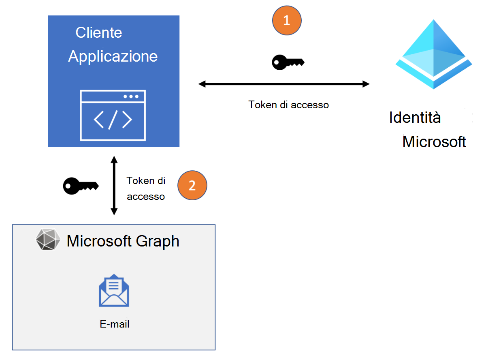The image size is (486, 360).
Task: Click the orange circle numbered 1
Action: coord(287,21)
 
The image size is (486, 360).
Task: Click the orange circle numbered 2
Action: coord(192,186)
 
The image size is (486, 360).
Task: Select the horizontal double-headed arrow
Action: coord(283,84)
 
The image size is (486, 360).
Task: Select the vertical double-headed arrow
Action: coord(114,186)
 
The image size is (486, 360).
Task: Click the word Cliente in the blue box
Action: coord(99,33)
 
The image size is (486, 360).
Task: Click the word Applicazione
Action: coord(113,56)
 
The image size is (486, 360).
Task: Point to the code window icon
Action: coord(113,115)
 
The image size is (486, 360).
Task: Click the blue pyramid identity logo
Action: coord(434,54)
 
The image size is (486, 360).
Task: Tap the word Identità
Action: coord(415,118)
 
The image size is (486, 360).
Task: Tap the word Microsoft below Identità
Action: coord(434,142)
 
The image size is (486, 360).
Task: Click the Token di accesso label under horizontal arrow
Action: coord(288,105)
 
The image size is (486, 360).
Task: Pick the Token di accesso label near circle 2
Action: coord(146,189)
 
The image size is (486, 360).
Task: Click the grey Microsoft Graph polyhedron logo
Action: coord(48,240)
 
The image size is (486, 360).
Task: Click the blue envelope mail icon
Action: coord(114,290)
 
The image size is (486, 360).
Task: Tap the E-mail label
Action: coord(114,324)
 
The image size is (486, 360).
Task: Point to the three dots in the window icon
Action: coord(131,96)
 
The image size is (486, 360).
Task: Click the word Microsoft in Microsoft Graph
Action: coord(100,241)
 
